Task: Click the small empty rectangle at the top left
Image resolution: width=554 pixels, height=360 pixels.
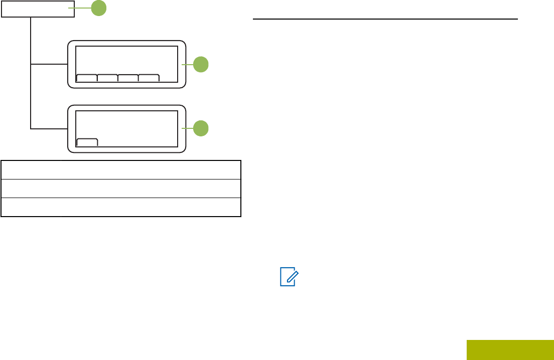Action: [38, 9]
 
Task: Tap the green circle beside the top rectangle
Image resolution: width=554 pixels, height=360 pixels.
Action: [98, 8]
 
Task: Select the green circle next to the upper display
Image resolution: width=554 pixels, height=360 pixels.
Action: [201, 64]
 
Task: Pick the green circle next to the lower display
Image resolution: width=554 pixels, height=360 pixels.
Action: [201, 128]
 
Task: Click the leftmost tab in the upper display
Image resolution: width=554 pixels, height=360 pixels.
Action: [87, 78]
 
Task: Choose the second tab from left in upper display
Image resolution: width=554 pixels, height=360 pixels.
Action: [107, 78]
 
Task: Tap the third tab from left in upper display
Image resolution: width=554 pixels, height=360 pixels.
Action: [128, 78]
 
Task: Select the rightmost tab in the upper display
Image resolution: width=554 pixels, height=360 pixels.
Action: [149, 78]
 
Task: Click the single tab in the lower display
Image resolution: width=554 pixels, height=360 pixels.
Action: [87, 142]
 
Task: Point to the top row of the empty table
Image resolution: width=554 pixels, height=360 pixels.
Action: [121, 170]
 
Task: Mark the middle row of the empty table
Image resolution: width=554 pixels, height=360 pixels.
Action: [121, 189]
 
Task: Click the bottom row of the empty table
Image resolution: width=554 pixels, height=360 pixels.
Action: [121, 207]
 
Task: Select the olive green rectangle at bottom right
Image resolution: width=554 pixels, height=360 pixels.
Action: [510, 349]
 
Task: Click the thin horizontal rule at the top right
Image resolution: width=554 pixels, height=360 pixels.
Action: [385, 19]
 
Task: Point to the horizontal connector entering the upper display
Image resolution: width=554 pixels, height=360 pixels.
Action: [49, 64]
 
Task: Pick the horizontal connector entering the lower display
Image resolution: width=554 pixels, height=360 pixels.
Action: [49, 129]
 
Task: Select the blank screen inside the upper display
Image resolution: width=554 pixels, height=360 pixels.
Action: [126, 60]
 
